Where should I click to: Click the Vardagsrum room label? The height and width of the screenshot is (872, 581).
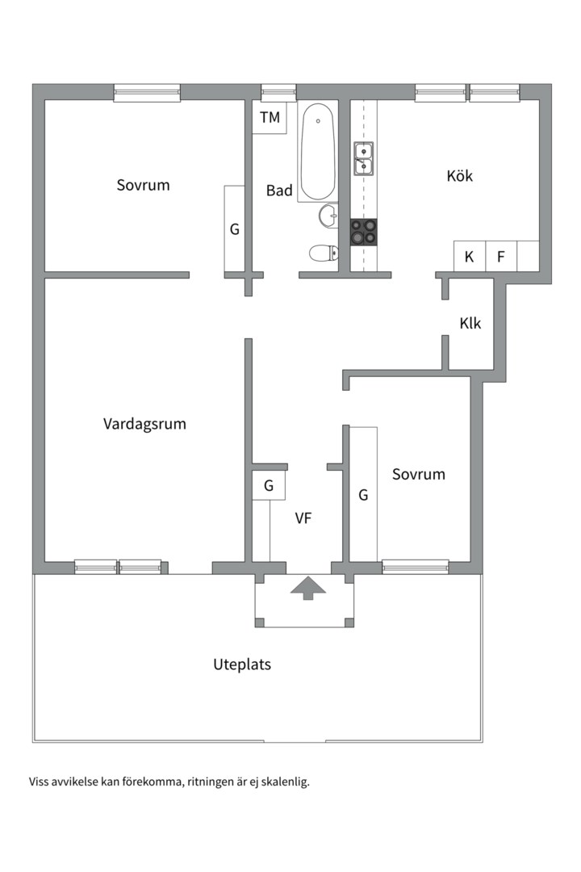(x=144, y=424)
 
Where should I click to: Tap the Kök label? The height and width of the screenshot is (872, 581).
(x=459, y=176)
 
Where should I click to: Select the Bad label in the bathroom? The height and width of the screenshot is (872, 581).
(x=279, y=191)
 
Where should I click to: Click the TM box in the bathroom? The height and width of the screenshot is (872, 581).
(x=270, y=118)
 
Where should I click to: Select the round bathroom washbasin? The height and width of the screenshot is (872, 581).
(x=328, y=216)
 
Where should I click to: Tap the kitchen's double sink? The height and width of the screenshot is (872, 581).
(x=363, y=158)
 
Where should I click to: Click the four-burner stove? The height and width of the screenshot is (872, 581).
(x=363, y=233)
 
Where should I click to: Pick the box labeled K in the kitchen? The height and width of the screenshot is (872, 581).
(x=469, y=258)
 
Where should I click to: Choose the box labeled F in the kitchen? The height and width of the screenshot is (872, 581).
(x=500, y=258)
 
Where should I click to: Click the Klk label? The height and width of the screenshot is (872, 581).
(x=470, y=324)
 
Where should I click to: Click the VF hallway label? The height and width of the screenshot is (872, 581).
(x=303, y=519)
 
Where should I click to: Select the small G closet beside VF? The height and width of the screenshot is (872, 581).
(x=268, y=486)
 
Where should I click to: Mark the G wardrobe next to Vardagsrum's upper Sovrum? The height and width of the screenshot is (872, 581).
(x=234, y=229)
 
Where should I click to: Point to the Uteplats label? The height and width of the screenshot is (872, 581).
(x=242, y=665)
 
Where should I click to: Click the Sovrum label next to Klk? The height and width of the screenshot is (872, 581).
(x=418, y=474)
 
